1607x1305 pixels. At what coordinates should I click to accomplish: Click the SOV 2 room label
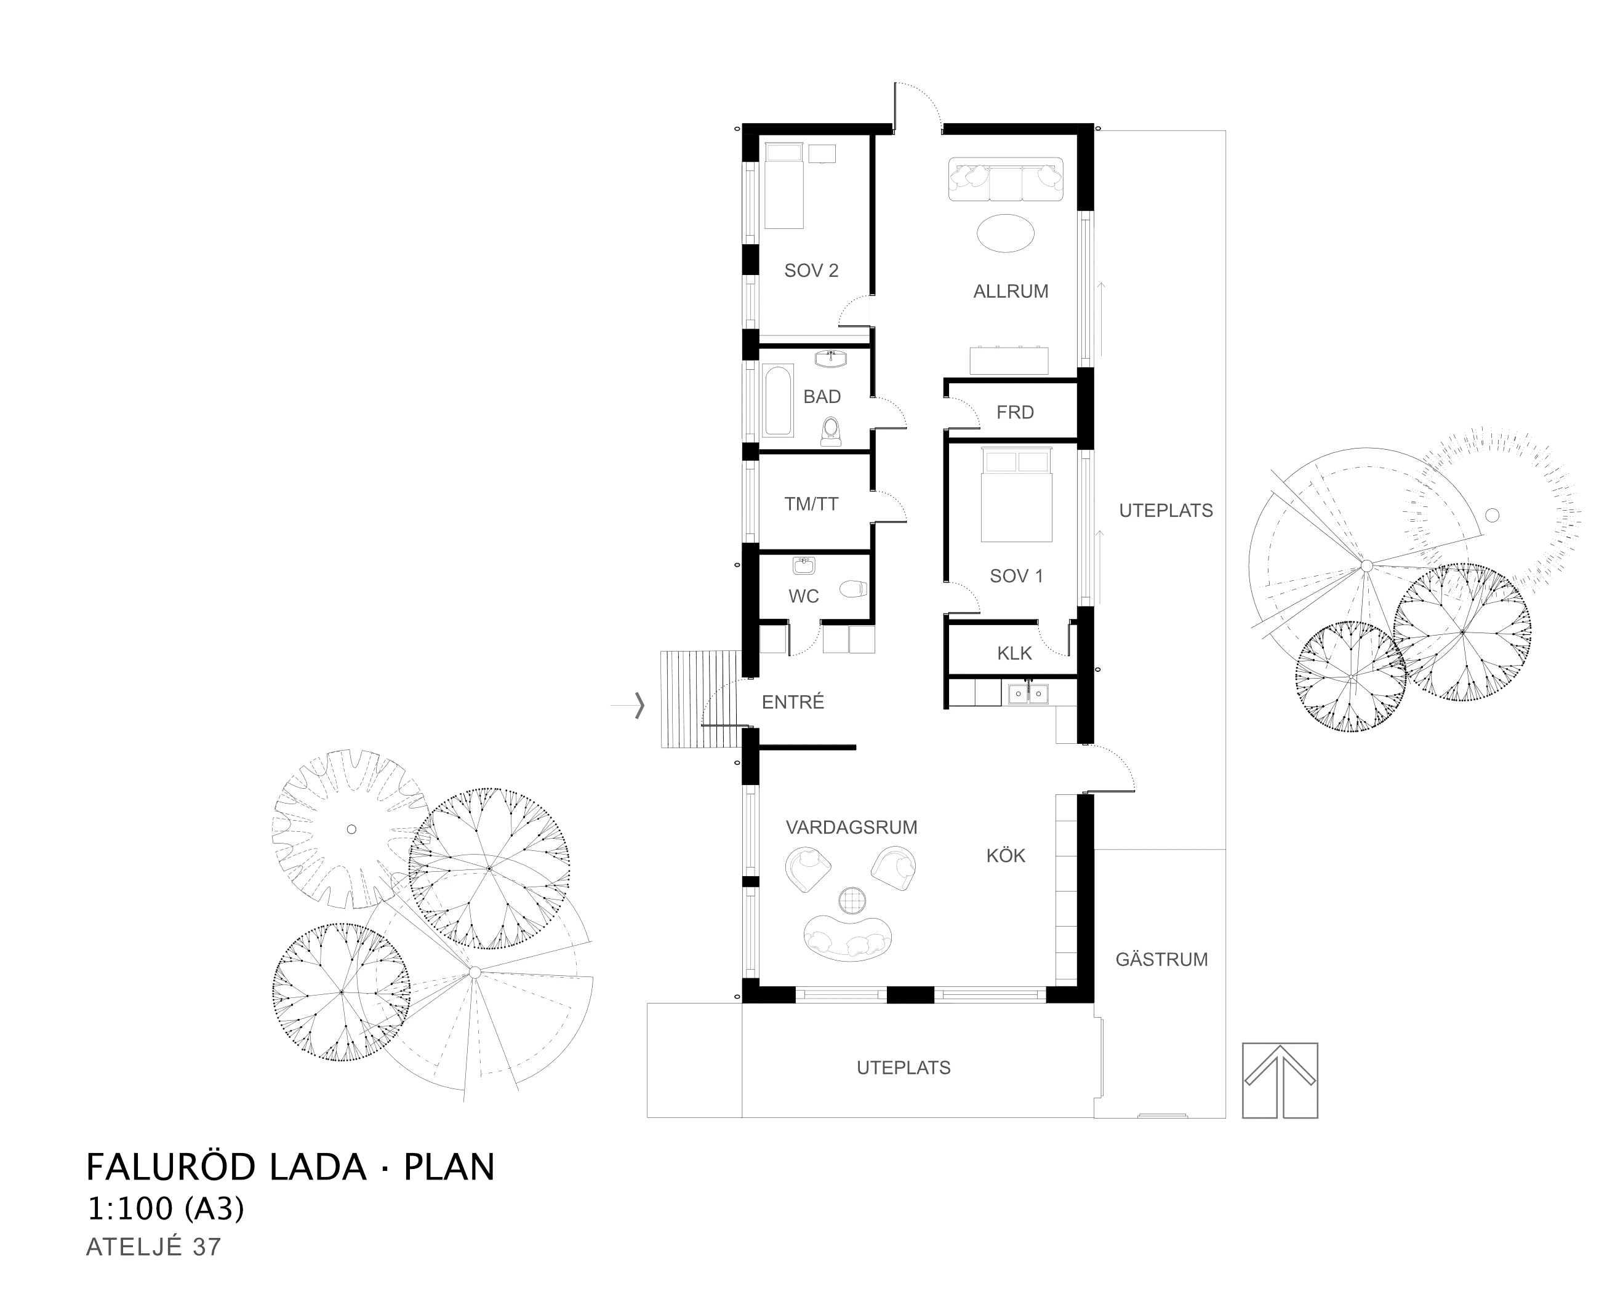811,271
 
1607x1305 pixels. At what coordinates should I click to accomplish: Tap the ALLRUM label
1011,292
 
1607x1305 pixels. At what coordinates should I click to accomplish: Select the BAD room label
822,396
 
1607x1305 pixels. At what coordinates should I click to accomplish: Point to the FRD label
1015,412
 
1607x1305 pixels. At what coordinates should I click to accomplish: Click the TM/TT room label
811,505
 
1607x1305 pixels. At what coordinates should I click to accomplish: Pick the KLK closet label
1014,653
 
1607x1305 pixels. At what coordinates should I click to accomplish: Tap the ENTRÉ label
793,701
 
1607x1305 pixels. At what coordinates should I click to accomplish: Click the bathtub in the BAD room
777,401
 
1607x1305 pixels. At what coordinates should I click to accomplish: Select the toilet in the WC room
854,588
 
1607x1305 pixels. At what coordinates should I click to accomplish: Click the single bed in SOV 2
783,185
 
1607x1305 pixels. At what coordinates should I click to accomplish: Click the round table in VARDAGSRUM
852,900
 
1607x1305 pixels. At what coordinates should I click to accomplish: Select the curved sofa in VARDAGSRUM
848,939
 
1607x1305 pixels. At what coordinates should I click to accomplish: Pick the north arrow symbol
1280,1081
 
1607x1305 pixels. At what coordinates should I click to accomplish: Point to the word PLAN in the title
449,1167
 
